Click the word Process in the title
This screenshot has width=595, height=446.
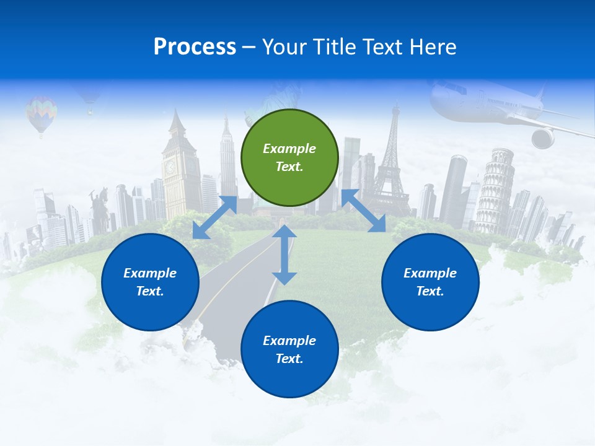click(x=195, y=47)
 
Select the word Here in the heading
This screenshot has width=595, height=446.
click(x=432, y=47)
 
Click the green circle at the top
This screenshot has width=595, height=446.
click(x=289, y=157)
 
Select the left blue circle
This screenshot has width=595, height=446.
click(x=150, y=282)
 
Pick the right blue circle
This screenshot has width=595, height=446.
click(x=430, y=282)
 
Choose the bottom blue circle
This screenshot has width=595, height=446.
click(x=289, y=349)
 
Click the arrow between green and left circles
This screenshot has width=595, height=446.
click(x=214, y=217)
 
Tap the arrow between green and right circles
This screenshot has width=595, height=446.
click(x=364, y=211)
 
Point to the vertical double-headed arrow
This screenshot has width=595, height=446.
click(x=284, y=255)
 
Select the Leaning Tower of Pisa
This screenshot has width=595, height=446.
click(x=495, y=189)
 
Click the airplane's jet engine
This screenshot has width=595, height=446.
click(x=543, y=138)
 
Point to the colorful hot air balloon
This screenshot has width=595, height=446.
click(x=41, y=112)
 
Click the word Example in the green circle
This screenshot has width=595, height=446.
click(x=289, y=149)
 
